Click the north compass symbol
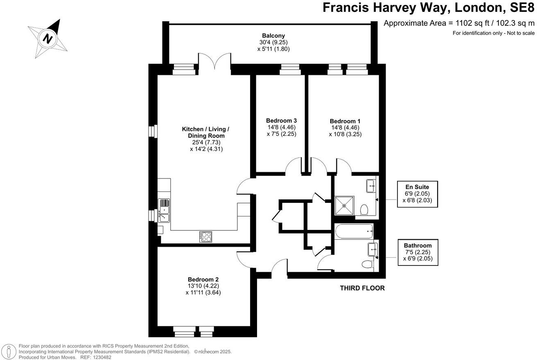(48, 39)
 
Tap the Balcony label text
(273, 36)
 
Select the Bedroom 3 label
(281, 121)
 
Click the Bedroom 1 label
(345, 121)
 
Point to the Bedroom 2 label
(203, 279)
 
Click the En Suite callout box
(417, 194)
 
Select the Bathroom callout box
(417, 252)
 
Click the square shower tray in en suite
(344, 205)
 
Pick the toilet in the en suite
(364, 210)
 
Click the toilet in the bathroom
(368, 264)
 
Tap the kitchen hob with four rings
(205, 236)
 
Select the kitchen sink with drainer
(164, 210)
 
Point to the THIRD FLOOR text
(362, 288)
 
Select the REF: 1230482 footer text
(97, 357)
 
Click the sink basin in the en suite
(372, 185)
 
